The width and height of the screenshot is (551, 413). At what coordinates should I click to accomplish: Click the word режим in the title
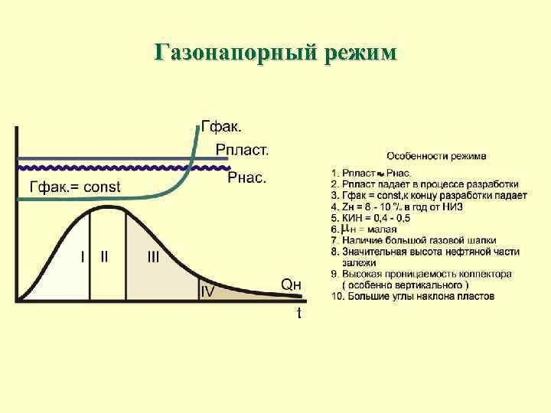click(x=358, y=53)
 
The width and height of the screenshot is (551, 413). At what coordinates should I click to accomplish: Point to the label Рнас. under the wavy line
click(x=247, y=178)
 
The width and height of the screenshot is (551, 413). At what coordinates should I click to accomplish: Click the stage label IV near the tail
click(x=207, y=291)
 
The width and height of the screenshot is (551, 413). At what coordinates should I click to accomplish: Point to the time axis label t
click(x=298, y=313)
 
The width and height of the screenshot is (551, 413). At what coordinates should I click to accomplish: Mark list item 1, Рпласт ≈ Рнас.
click(x=373, y=174)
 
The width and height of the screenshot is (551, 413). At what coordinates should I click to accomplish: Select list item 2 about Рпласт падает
click(x=425, y=184)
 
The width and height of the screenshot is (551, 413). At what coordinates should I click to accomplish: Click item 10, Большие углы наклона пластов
click(x=413, y=296)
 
